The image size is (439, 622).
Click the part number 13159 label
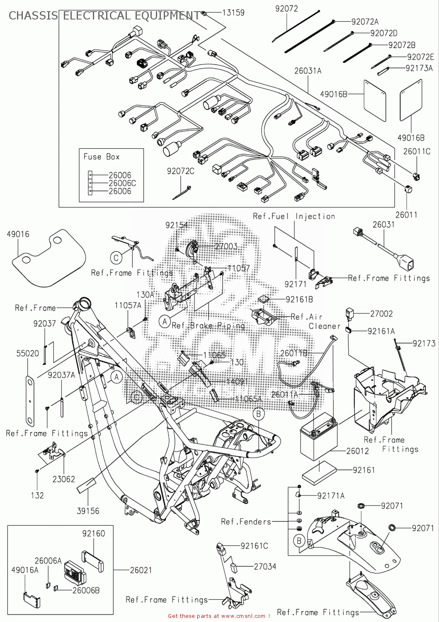233,12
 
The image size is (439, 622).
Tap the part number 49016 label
18,234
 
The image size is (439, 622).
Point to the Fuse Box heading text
102,157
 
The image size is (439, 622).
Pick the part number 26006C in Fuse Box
122,183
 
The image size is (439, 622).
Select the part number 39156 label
88,511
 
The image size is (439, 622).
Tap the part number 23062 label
63,479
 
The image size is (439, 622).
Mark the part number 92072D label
383,33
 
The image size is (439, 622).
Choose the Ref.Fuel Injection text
294,216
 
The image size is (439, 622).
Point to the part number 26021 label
141,570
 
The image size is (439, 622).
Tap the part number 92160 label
93,533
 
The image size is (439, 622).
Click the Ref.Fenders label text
246,522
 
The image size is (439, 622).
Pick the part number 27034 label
265,566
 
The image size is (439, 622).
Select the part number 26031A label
308,71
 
